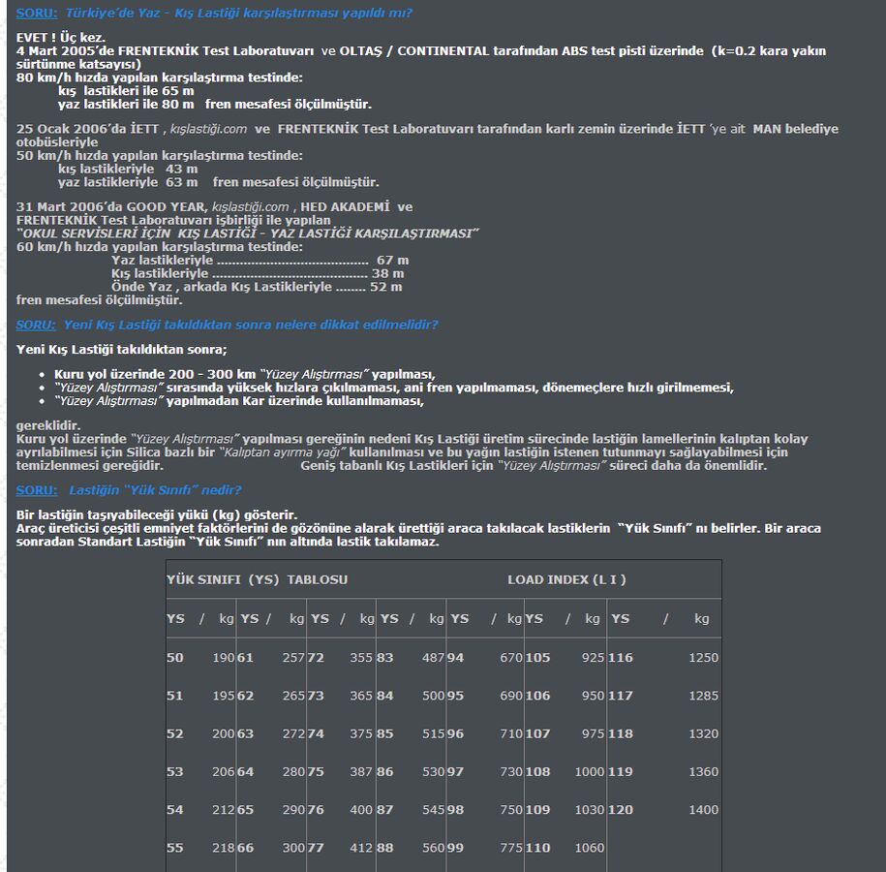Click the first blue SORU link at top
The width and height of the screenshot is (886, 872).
click(36, 14)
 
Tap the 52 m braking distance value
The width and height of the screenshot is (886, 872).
click(385, 287)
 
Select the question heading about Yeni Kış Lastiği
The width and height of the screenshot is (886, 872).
click(250, 325)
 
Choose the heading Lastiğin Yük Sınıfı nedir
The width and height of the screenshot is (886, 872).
click(155, 489)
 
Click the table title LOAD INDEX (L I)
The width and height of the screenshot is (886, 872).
click(566, 579)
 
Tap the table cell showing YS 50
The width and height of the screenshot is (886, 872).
click(175, 657)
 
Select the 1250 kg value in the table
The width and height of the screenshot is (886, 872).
click(703, 657)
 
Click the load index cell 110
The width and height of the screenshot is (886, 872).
click(537, 848)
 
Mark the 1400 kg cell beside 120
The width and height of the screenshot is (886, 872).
click(703, 809)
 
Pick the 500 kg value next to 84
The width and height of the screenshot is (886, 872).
click(433, 696)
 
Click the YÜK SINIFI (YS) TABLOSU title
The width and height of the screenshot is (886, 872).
click(257, 579)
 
